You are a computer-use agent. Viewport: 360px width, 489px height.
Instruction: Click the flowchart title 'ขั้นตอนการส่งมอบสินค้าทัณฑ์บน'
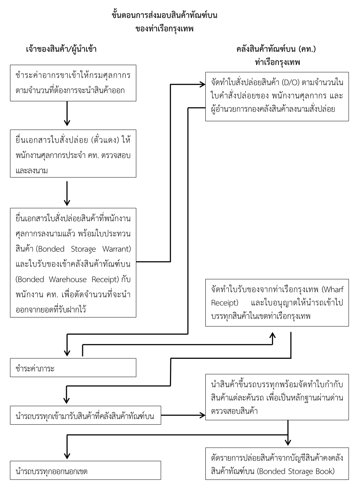(164, 16)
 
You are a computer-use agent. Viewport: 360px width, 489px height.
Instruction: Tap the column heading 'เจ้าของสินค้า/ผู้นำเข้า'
(61, 49)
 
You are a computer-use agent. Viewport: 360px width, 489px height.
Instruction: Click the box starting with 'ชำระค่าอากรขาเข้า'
(73, 83)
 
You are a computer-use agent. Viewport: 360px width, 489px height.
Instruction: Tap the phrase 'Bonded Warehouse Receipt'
(68, 279)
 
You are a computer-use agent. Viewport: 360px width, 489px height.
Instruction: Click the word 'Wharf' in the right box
(333, 290)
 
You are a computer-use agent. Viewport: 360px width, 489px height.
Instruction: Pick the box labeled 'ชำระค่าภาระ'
(73, 368)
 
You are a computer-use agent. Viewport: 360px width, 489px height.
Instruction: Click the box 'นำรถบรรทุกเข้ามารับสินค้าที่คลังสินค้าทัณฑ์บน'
(85, 416)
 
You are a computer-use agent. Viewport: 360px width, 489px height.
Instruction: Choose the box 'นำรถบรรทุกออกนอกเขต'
(85, 470)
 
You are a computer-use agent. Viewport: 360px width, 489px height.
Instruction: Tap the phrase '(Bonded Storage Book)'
(296, 471)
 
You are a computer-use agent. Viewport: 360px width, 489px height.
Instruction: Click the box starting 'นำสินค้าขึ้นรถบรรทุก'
(277, 397)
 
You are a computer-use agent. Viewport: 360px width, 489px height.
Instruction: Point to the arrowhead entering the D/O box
(202, 84)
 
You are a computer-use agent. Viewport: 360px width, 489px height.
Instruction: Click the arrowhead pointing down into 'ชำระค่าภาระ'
(67, 352)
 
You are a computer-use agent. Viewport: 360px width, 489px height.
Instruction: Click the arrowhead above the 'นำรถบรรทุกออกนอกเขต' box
(67, 452)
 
